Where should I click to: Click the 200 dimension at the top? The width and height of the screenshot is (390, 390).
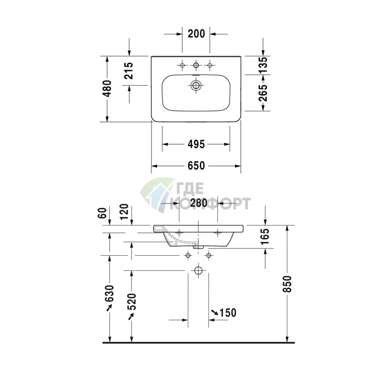click(196, 33)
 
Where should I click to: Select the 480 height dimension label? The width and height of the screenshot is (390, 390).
click(107, 88)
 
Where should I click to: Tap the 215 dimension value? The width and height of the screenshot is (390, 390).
click(129, 71)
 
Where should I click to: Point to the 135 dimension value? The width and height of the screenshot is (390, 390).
click(263, 65)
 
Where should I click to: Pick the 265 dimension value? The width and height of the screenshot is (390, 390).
click(263, 93)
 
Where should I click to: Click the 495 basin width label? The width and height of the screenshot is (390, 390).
click(196, 144)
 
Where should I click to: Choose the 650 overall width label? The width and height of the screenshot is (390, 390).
click(196, 165)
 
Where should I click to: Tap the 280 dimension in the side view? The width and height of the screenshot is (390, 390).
click(198, 203)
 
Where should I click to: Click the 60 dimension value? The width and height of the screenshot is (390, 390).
click(102, 213)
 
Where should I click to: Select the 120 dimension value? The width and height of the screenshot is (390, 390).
click(124, 212)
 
